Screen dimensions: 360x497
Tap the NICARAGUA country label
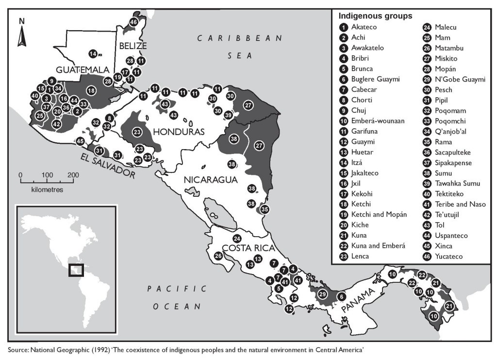point(211,180)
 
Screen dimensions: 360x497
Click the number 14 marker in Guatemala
point(93,53)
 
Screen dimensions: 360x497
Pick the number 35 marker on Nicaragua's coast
point(265,209)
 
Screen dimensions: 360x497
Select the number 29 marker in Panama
point(322,294)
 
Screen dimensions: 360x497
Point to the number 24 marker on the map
point(237,239)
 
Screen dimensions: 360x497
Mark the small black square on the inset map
point(76,270)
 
